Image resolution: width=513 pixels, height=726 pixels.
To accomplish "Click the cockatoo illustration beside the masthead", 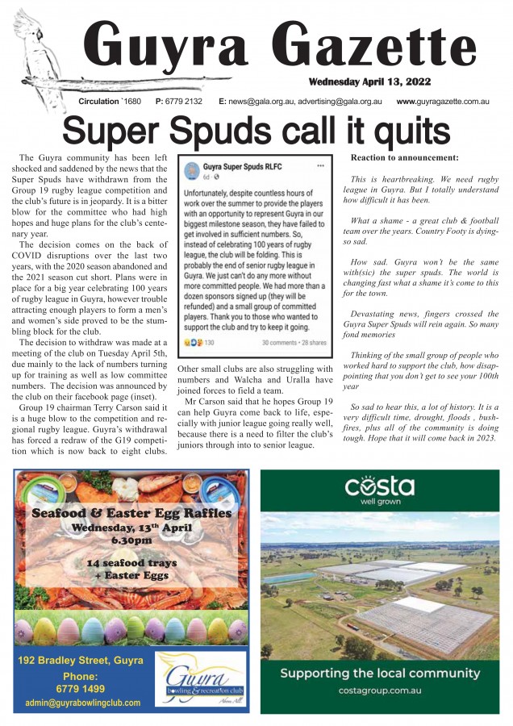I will [36, 48].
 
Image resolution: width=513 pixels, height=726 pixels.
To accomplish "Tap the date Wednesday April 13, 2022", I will [369, 81].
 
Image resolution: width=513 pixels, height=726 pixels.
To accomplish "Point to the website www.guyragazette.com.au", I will [443, 102].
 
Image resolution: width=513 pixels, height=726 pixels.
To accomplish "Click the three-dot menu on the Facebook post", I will [320, 165].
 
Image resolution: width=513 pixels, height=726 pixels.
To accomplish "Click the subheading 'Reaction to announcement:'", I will [405, 157].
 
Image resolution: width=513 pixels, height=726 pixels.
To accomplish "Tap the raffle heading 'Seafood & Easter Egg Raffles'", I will [132, 513].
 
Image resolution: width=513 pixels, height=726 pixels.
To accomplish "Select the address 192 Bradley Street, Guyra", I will [81, 661].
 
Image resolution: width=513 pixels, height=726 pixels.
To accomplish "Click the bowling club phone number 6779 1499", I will [81, 689].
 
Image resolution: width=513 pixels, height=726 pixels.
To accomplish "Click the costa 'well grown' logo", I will [380, 491].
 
